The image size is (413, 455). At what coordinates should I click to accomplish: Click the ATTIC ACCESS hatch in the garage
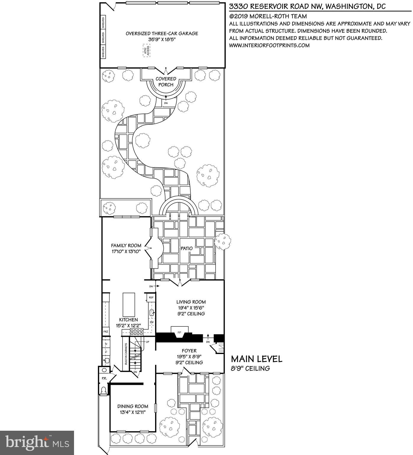click(x=146, y=51)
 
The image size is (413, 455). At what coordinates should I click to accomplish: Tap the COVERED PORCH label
click(x=166, y=82)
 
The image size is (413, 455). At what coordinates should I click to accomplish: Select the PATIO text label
click(x=187, y=248)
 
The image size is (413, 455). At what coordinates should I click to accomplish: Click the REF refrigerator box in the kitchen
click(x=151, y=297)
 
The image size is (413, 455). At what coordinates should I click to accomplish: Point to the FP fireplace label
click(x=179, y=333)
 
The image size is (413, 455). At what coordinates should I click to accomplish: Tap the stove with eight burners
click(x=137, y=332)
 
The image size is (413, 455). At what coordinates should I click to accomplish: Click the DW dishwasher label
click(x=152, y=322)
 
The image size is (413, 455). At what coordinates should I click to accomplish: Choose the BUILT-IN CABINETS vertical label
click(x=126, y=354)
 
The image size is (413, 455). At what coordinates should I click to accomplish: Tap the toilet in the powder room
click(x=104, y=390)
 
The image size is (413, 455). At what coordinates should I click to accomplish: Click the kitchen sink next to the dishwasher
click(x=152, y=312)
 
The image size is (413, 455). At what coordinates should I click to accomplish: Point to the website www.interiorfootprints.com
click(x=269, y=45)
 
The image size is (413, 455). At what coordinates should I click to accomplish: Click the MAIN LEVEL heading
click(x=256, y=359)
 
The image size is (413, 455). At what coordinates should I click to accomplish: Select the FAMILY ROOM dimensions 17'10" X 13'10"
click(x=126, y=251)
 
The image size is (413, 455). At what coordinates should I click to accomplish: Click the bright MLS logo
click(x=37, y=443)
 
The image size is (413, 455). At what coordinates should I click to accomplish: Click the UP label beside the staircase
click(x=147, y=342)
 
